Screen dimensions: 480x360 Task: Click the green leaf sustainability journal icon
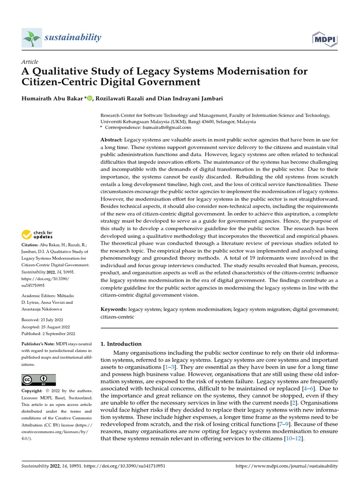pyautogui.click(x=32, y=37)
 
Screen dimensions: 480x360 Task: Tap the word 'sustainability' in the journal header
pyautogui.click(x=72, y=37)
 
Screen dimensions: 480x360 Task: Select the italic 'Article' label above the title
pyautogui.click(x=30, y=62)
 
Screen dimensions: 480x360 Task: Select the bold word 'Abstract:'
pyautogui.click(x=112, y=140)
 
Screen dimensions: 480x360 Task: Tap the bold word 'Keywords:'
pyautogui.click(x=113, y=309)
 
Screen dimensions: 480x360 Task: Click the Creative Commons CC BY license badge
pyautogui.click(x=39, y=380)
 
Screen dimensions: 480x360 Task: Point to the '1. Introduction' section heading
pyautogui.click(x=121, y=344)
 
